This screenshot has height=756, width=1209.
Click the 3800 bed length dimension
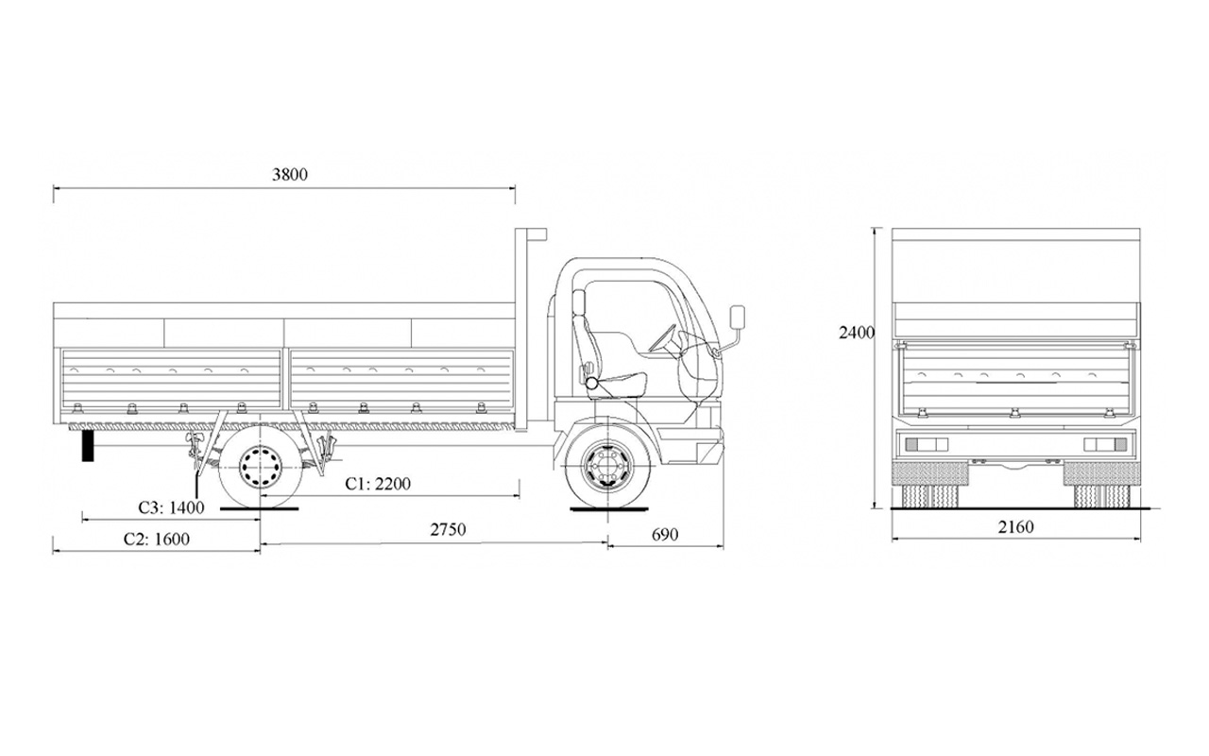coord(290,175)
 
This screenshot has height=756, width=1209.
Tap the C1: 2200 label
coord(378,484)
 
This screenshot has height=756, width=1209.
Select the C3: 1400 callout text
coord(172,507)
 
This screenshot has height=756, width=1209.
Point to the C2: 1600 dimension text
coord(157,540)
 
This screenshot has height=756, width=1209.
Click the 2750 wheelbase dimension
coord(448,529)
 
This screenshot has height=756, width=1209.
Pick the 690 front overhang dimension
coord(664,535)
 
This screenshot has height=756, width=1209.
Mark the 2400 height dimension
coord(856,333)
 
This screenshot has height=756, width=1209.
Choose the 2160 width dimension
coord(1015,526)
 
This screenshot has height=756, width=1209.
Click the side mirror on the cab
coord(738,317)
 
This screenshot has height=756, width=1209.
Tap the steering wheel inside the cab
coord(663,339)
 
